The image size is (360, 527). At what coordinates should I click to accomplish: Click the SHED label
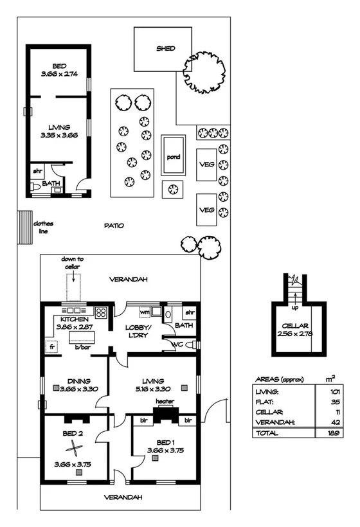[x=165, y=49]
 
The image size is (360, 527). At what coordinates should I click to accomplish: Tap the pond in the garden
[x=173, y=156]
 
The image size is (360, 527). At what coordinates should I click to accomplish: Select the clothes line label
[x=43, y=227]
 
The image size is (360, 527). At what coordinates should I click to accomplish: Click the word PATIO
[x=114, y=226]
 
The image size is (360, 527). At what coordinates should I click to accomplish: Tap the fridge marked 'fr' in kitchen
[x=50, y=346]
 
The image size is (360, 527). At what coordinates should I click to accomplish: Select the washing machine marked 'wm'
[x=145, y=312]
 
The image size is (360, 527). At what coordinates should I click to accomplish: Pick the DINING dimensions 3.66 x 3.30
[x=74, y=389]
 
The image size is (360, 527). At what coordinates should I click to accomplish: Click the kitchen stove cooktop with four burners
[x=100, y=313]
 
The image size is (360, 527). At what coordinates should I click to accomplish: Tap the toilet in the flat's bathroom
[x=35, y=186]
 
